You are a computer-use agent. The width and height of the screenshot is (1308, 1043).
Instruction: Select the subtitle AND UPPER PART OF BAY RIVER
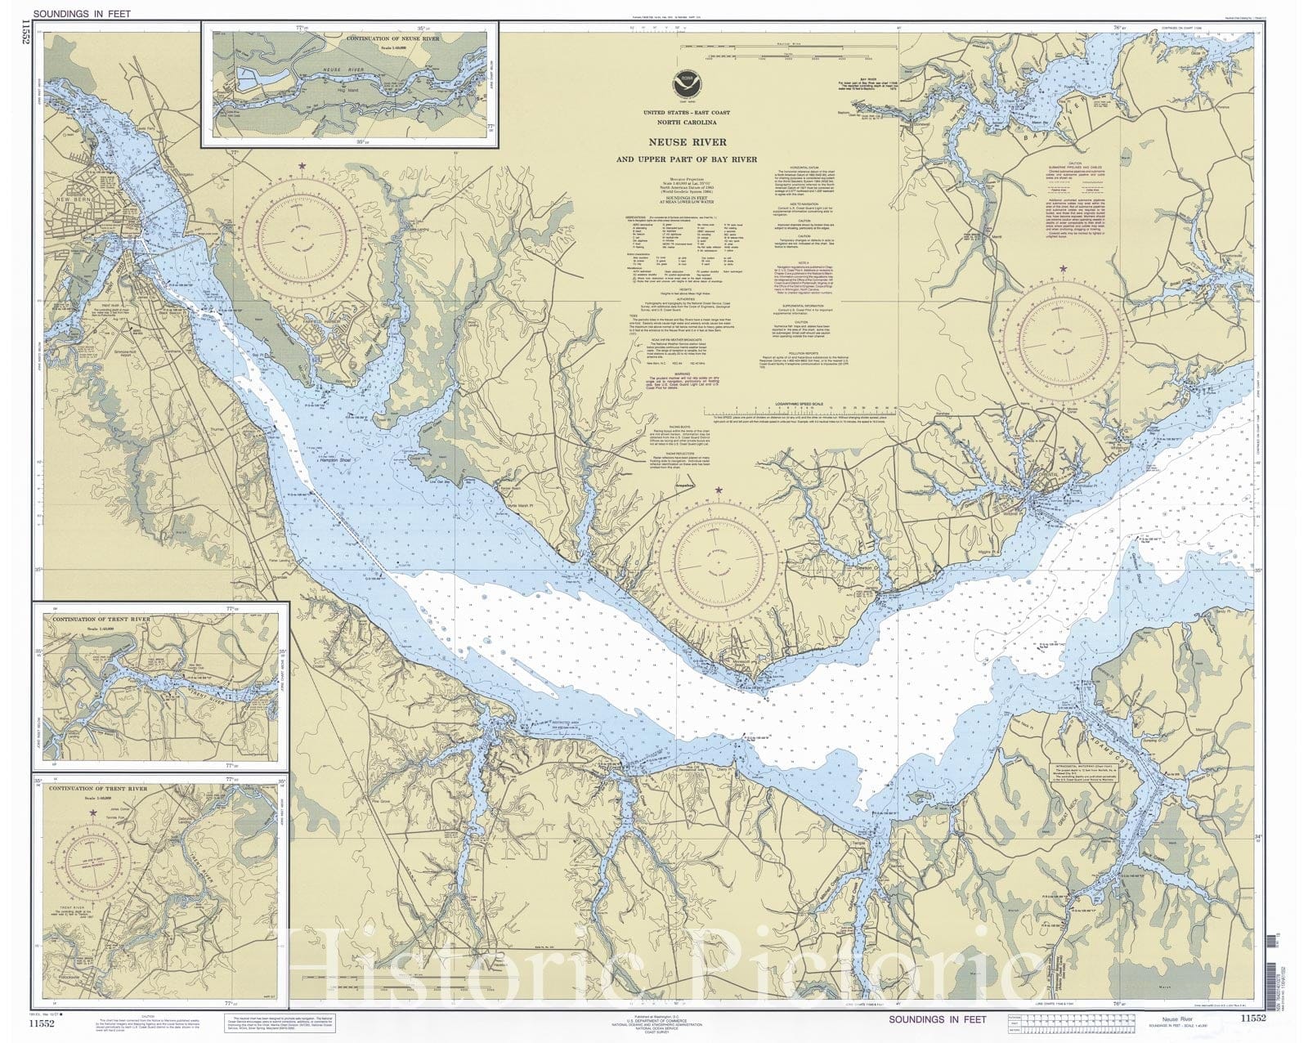click(686, 159)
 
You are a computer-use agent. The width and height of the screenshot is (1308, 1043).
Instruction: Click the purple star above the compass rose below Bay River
click(1063, 268)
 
